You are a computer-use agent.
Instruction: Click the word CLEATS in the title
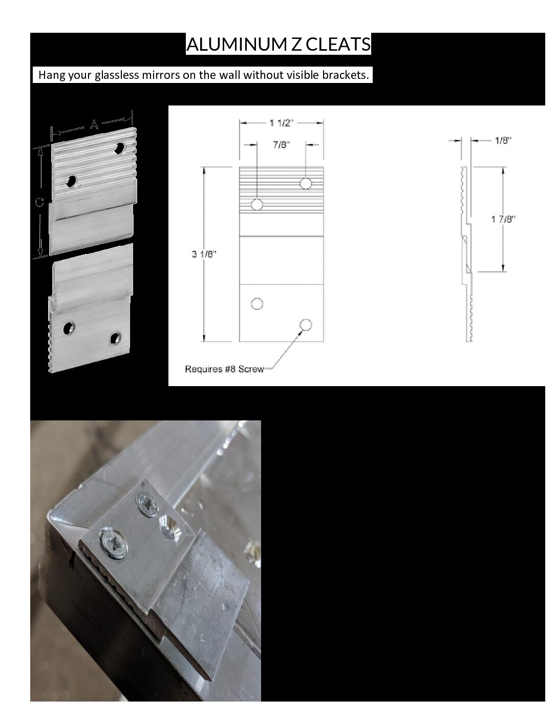pos(338,44)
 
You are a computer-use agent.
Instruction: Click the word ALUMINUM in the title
pos(237,44)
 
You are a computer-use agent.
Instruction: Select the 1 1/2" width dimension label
pos(282,123)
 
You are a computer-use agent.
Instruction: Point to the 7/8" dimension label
pos(282,145)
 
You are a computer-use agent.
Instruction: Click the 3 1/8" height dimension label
pos(204,254)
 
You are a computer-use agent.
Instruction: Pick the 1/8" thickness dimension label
pos(503,141)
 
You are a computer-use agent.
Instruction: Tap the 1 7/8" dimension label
pos(503,219)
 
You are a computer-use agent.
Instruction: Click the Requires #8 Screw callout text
pos(224,369)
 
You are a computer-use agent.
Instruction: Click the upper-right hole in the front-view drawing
pos(306,183)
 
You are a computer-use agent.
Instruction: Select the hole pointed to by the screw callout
pos(306,325)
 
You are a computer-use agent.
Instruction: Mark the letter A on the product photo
pos(94,125)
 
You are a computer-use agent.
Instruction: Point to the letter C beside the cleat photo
pos(39,202)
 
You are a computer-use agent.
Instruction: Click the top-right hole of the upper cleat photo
pos(119,148)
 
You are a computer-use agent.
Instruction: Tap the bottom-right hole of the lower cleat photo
pos(116,338)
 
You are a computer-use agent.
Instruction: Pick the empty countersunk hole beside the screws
pos(170,527)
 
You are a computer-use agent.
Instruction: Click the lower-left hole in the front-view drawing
pos(257,304)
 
